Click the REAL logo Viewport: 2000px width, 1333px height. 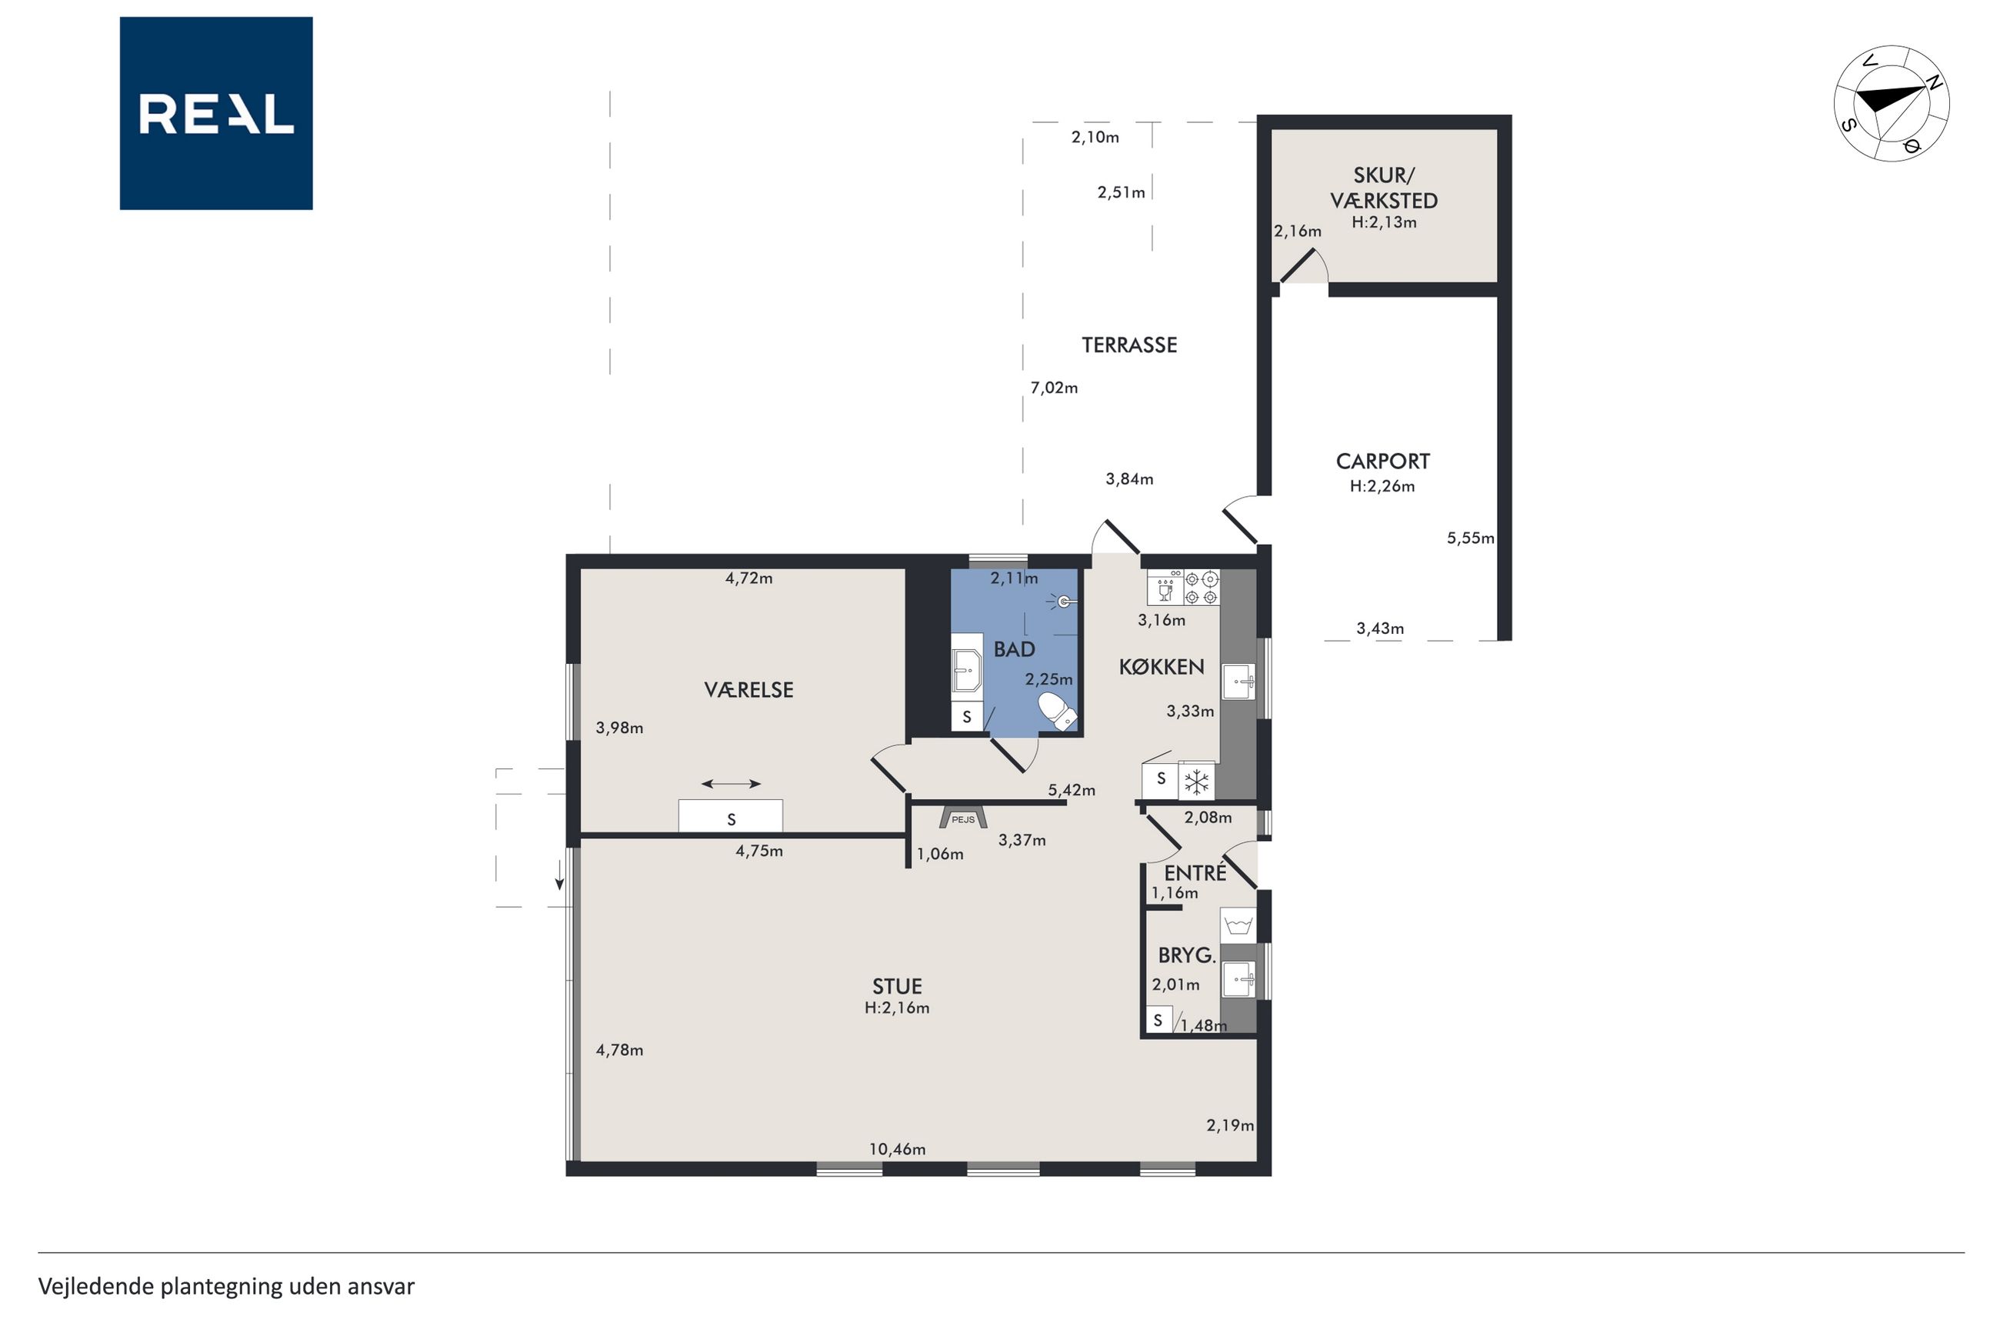pyautogui.click(x=216, y=113)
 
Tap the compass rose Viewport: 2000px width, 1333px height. pyautogui.click(x=1892, y=103)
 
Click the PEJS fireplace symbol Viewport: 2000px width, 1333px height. pyautogui.click(x=963, y=817)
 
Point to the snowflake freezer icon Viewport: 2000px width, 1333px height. pyautogui.click(x=1197, y=781)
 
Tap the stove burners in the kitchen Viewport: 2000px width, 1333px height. pyautogui.click(x=1201, y=588)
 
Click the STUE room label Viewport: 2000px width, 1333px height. pyautogui.click(x=897, y=986)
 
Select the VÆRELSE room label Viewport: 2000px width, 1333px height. pyautogui.click(x=748, y=689)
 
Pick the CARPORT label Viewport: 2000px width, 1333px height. pyautogui.click(x=1383, y=462)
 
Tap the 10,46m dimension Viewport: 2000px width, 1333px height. pyautogui.click(x=897, y=1149)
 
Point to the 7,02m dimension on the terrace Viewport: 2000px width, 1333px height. pyautogui.click(x=1054, y=388)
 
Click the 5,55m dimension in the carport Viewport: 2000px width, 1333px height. pyautogui.click(x=1471, y=538)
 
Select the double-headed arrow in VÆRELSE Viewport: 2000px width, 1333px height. pyautogui.click(x=731, y=784)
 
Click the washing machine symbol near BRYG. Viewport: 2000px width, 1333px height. pyautogui.click(x=1238, y=924)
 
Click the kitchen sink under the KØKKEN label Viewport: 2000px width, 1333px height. pyautogui.click(x=1238, y=681)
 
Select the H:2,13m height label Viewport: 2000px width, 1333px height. pyautogui.click(x=1384, y=223)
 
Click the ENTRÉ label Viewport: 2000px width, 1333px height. pyautogui.click(x=1195, y=872)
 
